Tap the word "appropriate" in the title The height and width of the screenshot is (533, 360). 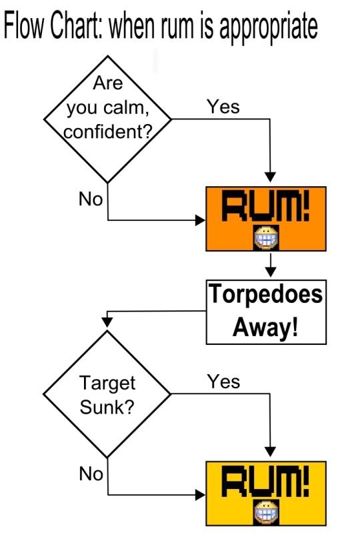pyautogui.click(x=268, y=27)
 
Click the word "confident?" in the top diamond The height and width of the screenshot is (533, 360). pyautogui.click(x=109, y=132)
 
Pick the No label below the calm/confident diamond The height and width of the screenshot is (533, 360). pyautogui.click(x=91, y=199)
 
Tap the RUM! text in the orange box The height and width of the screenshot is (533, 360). pyautogui.click(x=265, y=206)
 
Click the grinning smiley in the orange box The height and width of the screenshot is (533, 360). pyautogui.click(x=267, y=237)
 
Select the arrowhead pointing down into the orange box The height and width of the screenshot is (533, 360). pyautogui.click(x=271, y=177)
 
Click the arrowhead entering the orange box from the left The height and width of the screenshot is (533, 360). pyautogui.click(x=201, y=220)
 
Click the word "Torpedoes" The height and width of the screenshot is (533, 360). pyautogui.click(x=265, y=294)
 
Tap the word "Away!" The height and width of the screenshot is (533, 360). pyautogui.click(x=265, y=327)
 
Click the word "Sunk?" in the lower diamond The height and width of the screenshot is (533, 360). pyautogui.click(x=107, y=406)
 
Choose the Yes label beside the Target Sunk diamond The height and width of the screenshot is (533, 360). pyautogui.click(x=224, y=382)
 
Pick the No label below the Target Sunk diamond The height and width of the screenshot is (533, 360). pyautogui.click(x=91, y=474)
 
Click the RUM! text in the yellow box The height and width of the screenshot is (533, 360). pyautogui.click(x=265, y=481)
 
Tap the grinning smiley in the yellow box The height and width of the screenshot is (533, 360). pyautogui.click(x=267, y=512)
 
